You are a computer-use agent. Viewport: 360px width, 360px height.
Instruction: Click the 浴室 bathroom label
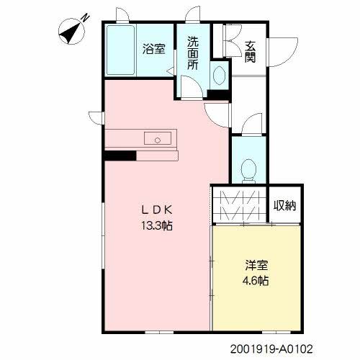coord(154,49)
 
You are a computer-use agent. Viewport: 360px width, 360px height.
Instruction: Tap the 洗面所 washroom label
coord(193,53)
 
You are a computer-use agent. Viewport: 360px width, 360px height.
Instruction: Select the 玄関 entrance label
coord(250,52)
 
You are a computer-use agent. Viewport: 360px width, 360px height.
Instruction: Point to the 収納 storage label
coord(285,205)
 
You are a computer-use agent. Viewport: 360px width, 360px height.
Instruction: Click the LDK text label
coord(157,210)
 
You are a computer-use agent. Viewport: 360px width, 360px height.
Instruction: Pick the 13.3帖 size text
coord(157,226)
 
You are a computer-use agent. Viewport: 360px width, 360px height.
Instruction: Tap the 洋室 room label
coord(256,265)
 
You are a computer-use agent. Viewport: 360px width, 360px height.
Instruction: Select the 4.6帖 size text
coord(256,280)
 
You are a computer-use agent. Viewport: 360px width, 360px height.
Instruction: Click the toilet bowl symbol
coord(248,171)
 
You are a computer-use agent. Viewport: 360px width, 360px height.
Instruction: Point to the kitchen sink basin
coord(158,138)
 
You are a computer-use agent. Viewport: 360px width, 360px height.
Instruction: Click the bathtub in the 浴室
coord(120,50)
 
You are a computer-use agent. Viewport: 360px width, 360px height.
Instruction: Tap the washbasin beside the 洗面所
coord(219,76)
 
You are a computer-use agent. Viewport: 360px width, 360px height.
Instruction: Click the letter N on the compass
coord(86,18)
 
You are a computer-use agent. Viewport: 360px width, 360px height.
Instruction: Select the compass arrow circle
coord(71,32)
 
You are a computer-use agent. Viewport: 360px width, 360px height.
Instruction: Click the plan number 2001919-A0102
coord(271,349)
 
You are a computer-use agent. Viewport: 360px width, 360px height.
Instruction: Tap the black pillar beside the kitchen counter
coord(120,156)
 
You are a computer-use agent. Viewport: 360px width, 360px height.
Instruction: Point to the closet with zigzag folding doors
coord(239,205)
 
